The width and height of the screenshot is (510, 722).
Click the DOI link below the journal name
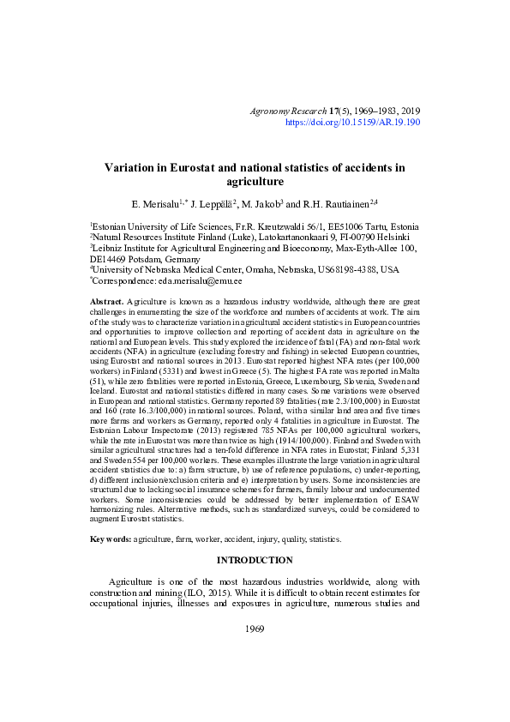pyautogui.click(x=352, y=123)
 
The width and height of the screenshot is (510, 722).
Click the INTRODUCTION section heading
pyautogui.click(x=255, y=560)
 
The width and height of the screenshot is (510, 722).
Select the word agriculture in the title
pyautogui.click(x=255, y=182)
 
